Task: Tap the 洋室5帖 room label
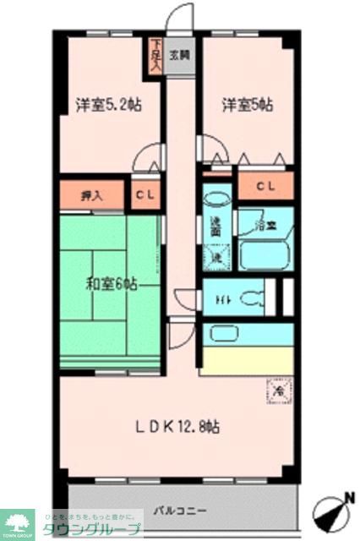[x=248, y=106]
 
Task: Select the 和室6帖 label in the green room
[x=110, y=284]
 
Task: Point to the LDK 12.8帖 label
[x=179, y=428]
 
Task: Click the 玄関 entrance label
[x=178, y=56]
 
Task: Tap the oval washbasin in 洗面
[x=216, y=201]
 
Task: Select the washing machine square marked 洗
[x=216, y=256]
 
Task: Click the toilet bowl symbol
[x=252, y=297]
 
